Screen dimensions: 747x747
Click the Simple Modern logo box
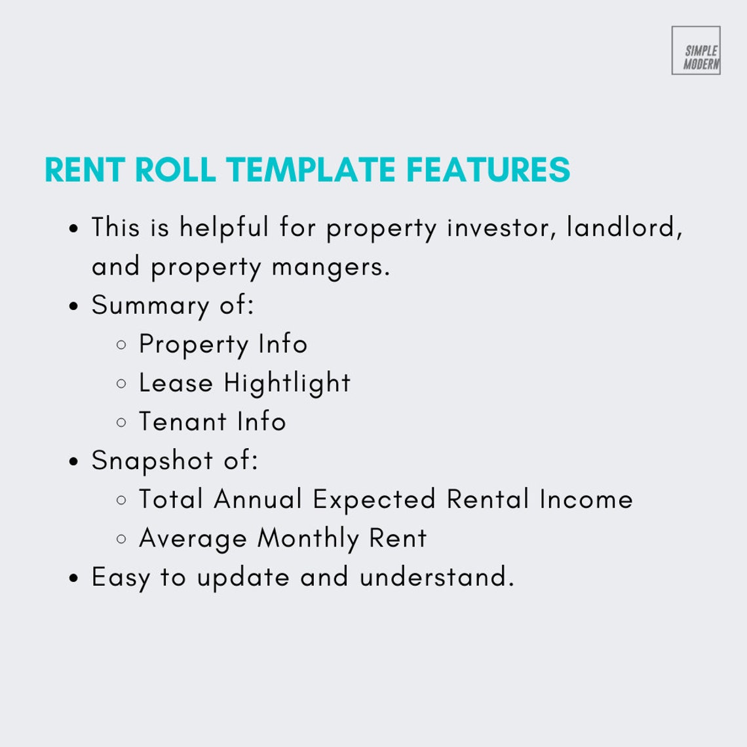click(696, 50)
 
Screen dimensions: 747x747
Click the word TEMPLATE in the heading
click(311, 170)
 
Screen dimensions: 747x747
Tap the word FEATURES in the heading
click(488, 170)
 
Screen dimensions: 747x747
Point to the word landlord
click(624, 228)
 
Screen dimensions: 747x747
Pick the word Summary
click(150, 306)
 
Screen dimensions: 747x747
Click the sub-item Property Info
click(223, 344)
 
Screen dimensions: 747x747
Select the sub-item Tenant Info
click(212, 421)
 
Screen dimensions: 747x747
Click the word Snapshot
click(152, 461)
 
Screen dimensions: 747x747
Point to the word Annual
click(258, 499)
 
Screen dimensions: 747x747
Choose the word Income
click(586, 499)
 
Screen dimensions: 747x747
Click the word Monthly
click(308, 539)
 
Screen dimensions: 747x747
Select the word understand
click(436, 577)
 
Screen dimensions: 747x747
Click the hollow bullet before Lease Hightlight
click(121, 384)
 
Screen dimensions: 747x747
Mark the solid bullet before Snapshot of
click(74, 461)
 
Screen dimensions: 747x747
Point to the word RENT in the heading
click(85, 170)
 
